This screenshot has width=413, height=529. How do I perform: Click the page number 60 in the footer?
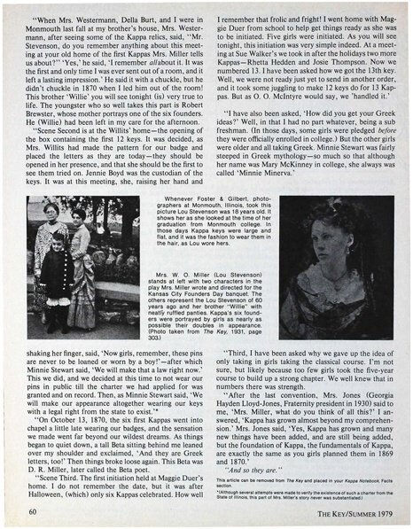33,510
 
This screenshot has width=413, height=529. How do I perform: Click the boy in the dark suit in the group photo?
56,266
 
